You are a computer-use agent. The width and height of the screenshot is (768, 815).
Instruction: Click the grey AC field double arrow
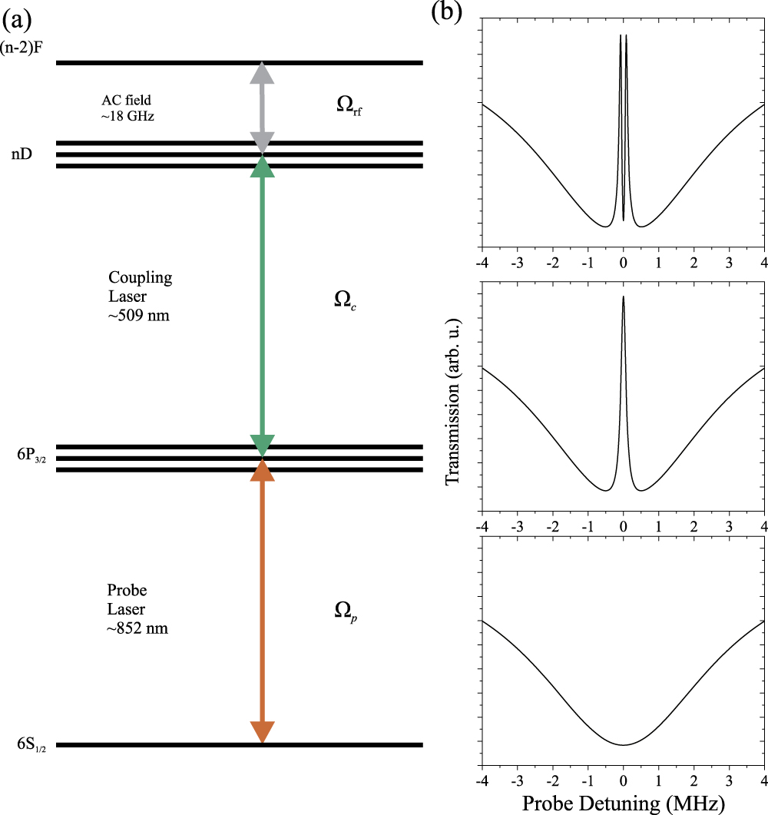pos(263,107)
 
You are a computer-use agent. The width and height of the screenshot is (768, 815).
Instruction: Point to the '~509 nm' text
pos(139,314)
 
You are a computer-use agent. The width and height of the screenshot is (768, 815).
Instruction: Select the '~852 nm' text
pos(137,627)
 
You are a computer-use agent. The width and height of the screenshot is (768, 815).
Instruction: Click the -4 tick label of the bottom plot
pos(482,777)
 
